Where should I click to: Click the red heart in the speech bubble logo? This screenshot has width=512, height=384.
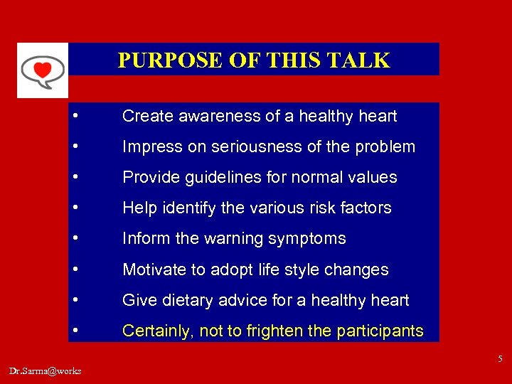click(x=43, y=70)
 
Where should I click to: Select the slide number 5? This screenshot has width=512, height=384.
click(x=501, y=359)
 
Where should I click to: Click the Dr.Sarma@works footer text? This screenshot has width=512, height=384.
click(x=46, y=370)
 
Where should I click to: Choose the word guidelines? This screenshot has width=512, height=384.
click(x=220, y=178)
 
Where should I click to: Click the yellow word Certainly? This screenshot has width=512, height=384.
click(x=156, y=331)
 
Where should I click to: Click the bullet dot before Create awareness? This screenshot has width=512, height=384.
click(x=75, y=116)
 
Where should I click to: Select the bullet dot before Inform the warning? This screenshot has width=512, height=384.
click(x=75, y=239)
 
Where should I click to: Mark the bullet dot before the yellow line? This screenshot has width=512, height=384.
click(x=75, y=331)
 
